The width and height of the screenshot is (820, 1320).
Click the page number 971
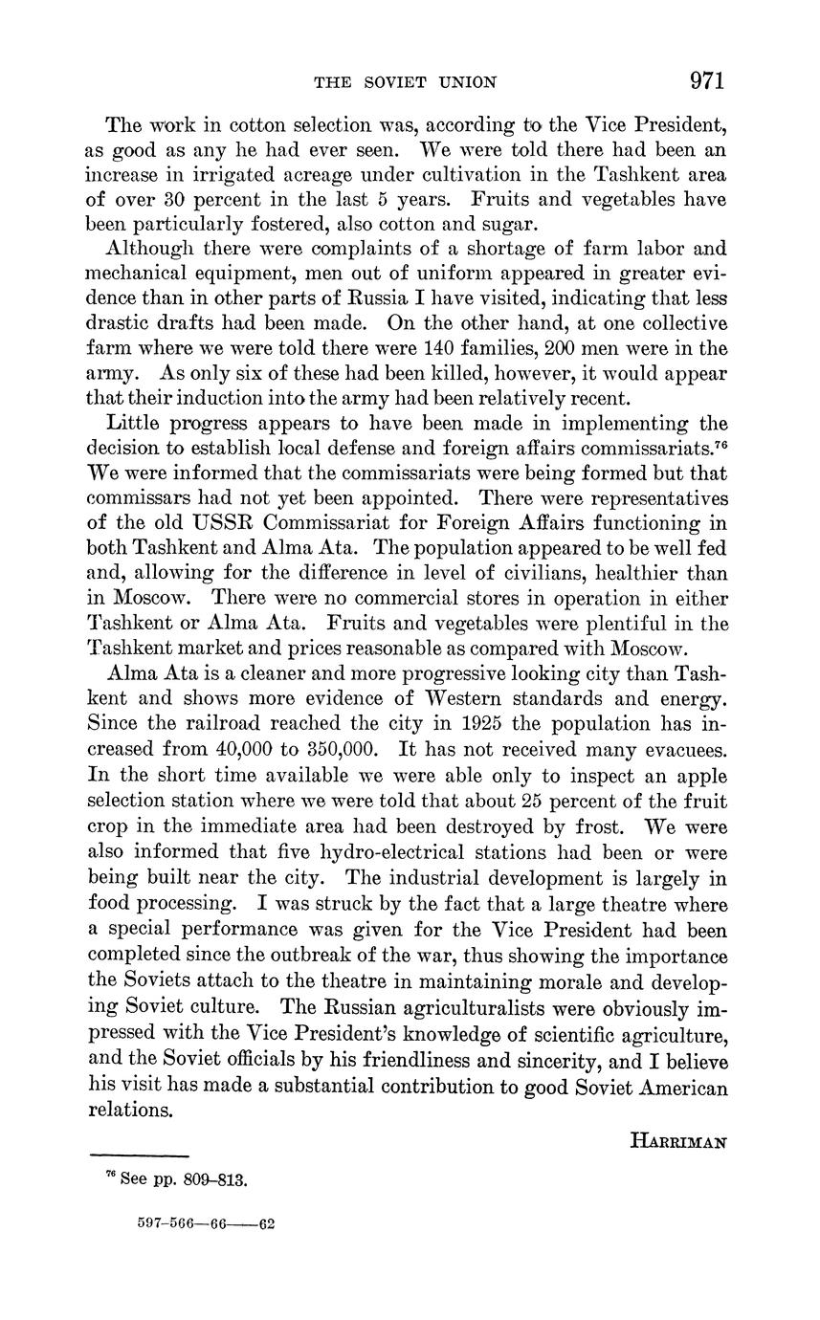706,80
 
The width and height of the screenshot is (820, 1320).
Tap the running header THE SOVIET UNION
406,83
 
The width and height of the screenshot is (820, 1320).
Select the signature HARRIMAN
678,1141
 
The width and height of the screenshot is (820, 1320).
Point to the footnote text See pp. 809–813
183,1179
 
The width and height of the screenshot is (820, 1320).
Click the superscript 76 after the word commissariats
720,442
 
